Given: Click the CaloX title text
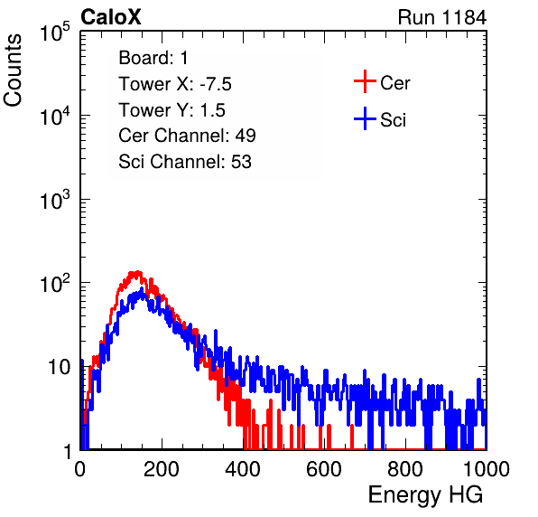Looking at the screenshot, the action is (x=110, y=17).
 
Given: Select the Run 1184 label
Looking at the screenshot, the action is (x=442, y=17).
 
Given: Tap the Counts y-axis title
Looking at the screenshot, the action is (x=13, y=70).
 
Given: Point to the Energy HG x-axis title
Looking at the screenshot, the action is (x=425, y=495).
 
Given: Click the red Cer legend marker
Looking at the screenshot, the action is (x=365, y=81).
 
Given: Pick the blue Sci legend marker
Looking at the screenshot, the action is (x=365, y=119).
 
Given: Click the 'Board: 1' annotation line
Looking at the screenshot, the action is (x=153, y=58).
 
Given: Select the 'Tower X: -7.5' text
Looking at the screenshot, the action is (x=175, y=84).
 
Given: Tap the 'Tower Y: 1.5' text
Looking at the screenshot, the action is (x=172, y=110).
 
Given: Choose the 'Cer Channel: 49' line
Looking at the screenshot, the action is (x=187, y=136).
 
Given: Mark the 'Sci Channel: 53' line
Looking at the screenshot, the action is (x=185, y=162).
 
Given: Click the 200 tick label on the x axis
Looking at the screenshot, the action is (x=162, y=468).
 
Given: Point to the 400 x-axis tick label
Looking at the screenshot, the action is (x=243, y=468).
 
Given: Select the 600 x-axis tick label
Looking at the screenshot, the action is (x=324, y=468).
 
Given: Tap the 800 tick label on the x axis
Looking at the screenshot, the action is (x=405, y=468).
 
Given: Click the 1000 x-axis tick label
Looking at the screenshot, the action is (x=487, y=468).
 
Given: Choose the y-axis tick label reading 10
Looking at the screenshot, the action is (x=59, y=368).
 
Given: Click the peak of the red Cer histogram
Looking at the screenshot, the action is (x=137, y=272).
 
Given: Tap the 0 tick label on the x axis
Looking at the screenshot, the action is (x=80, y=468).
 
